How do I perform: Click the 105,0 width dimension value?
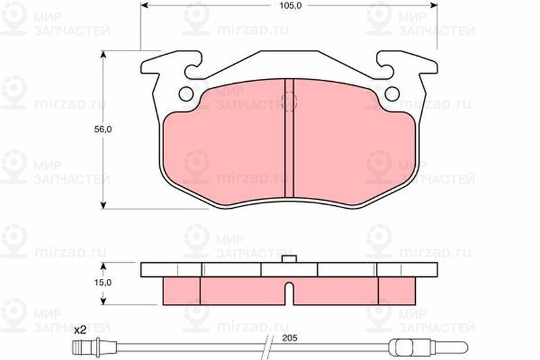click(x=289, y=5)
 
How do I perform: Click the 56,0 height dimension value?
click(x=103, y=130)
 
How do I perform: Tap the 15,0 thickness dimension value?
click(x=103, y=282)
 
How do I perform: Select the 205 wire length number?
click(x=290, y=338)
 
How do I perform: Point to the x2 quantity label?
click(x=80, y=331)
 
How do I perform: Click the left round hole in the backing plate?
click(x=186, y=94)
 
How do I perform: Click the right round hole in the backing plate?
click(x=392, y=94)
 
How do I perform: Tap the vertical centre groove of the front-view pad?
click(x=290, y=138)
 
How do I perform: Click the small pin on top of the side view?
click(x=290, y=259)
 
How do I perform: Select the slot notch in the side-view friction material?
click(x=290, y=293)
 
